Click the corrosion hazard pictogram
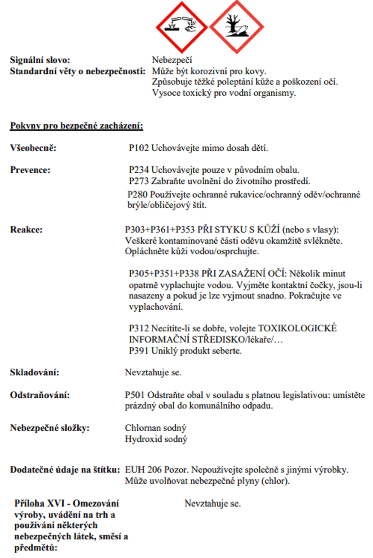[x=182, y=27]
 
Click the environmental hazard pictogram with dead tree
[x=237, y=27]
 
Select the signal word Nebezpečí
[x=172, y=60]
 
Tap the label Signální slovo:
[x=40, y=60]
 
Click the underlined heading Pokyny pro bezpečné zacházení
[x=76, y=126]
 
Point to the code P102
[x=139, y=148]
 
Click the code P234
[x=139, y=170]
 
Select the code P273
[x=139, y=181]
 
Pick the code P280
[x=138, y=194]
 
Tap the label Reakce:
[x=26, y=229]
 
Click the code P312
[x=139, y=328]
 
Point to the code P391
[x=139, y=351]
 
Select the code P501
[x=135, y=395]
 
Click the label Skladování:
[x=34, y=372]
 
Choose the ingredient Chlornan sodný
[x=156, y=428]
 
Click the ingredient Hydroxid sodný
[x=156, y=439]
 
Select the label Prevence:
[x=30, y=170]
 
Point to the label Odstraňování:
[x=40, y=395]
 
